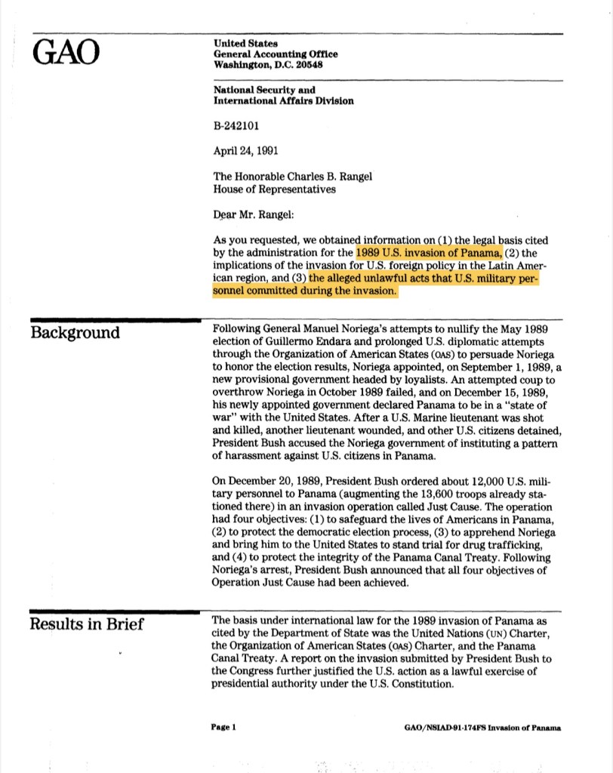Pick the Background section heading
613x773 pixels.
pyautogui.click(x=75, y=333)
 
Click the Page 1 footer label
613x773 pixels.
pyautogui.click(x=225, y=728)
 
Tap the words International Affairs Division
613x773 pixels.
pyautogui.click(x=284, y=100)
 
